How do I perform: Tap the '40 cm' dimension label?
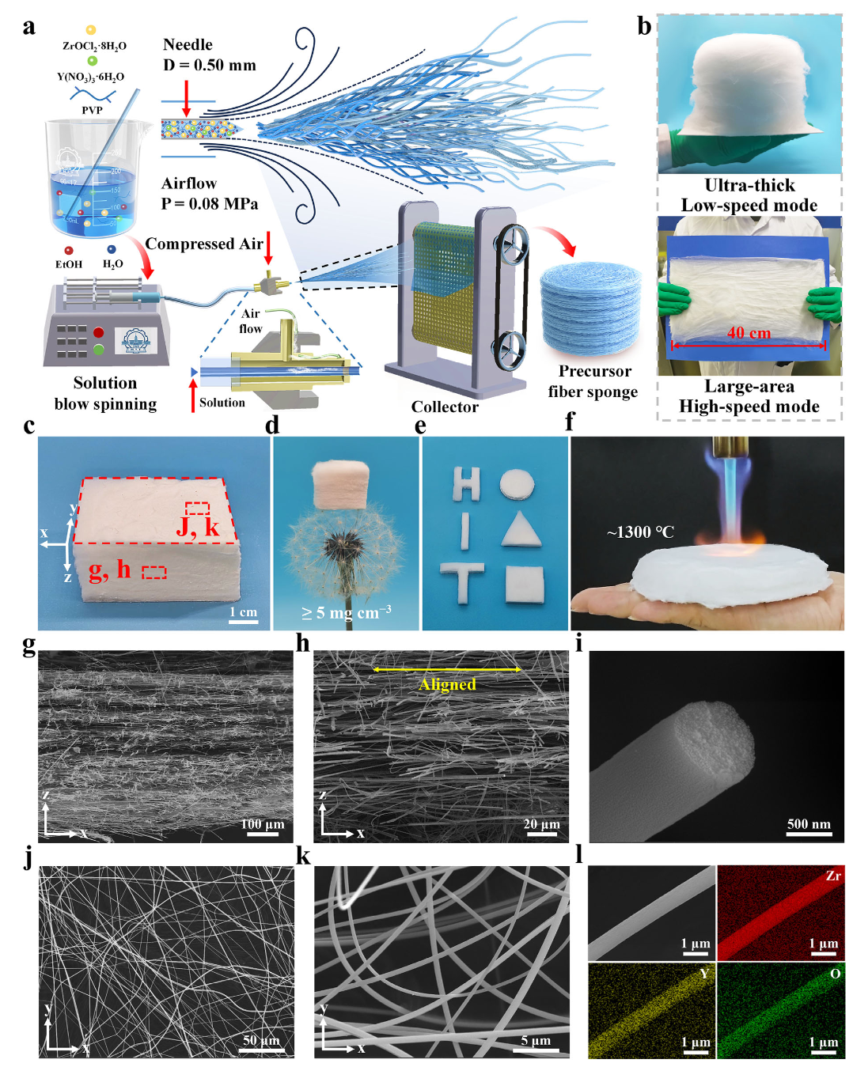(749, 333)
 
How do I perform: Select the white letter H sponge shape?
(466, 484)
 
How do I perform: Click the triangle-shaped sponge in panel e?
(521, 529)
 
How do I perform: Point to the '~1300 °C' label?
(640, 532)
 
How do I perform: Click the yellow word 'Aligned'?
(447, 684)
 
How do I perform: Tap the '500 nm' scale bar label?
(809, 823)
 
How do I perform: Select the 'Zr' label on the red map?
(832, 876)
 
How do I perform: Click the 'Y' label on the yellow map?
(703, 974)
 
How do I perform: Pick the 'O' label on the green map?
(835, 974)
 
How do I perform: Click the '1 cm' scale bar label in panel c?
(243, 612)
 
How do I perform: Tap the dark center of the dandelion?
(345, 545)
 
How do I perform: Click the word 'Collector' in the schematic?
(445, 407)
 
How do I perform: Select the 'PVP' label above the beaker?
(92, 110)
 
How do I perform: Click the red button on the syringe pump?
(98, 332)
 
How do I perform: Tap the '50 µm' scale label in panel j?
(261, 1040)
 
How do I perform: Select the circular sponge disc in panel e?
(517, 484)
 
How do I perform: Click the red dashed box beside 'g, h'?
(154, 572)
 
